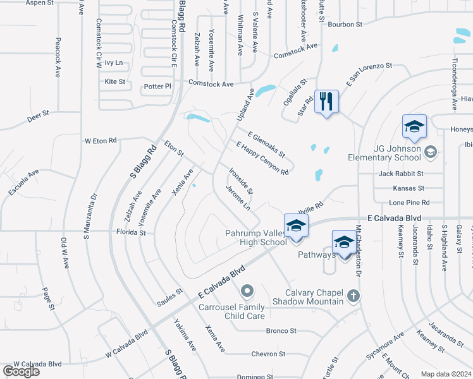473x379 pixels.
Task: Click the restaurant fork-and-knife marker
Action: pos(326,102)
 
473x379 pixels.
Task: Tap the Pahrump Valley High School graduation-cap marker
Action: pos(296,226)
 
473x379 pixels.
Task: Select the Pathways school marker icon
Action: pos(344,243)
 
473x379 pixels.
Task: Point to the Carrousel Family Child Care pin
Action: pos(247,291)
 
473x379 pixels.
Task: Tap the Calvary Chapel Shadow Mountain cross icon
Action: pos(353,294)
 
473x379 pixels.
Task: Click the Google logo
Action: pos(21,371)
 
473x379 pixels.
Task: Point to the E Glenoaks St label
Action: pos(266,145)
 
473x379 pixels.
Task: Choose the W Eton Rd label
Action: pos(101,140)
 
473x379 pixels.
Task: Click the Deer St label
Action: pos(38,119)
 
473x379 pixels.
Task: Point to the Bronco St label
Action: pos(281,330)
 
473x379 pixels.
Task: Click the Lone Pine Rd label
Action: pos(409,203)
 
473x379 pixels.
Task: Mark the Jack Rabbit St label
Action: pos(401,173)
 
